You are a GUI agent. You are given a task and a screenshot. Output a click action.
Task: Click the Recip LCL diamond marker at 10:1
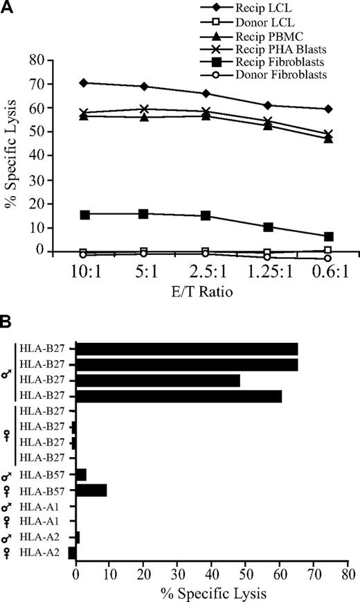pyautogui.click(x=84, y=82)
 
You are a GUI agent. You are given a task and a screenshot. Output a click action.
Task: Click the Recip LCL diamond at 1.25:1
pyautogui.click(x=287, y=105)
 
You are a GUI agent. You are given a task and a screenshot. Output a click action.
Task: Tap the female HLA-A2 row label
pyautogui.click(x=42, y=552)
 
